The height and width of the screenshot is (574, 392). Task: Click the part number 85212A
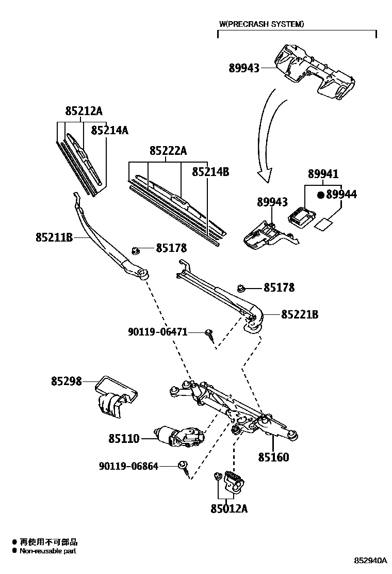[84, 111]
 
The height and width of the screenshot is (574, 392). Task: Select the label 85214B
[210, 172]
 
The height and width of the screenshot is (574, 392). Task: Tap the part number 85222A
[168, 151]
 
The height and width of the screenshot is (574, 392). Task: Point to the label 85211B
[54, 237]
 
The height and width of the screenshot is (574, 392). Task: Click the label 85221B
[299, 314]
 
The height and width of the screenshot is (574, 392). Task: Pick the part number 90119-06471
[157, 332]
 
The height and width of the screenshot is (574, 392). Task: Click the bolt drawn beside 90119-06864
[183, 467]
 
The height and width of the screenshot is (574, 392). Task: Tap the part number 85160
[273, 457]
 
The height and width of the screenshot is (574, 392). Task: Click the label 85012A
[229, 508]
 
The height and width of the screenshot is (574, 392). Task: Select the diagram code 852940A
[370, 561]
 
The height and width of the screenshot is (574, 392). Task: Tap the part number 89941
[323, 175]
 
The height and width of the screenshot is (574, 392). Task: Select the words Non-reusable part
[48, 551]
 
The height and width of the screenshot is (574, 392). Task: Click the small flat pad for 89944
[323, 224]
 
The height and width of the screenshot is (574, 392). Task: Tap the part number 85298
[66, 382]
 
